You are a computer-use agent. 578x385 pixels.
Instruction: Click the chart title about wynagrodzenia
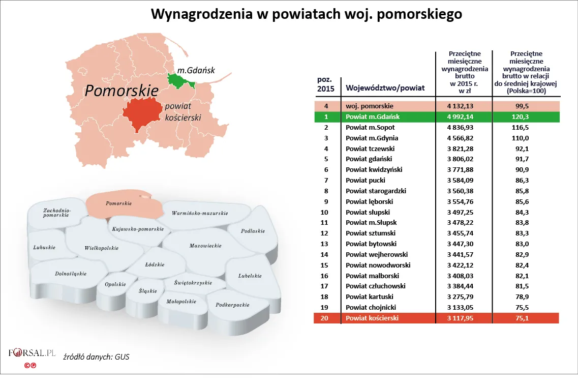(307, 14)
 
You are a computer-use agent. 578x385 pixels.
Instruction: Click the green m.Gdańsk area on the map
(179, 80)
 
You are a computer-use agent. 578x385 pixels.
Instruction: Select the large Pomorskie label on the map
(121, 91)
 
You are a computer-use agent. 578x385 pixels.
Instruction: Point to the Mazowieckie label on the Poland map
(205, 246)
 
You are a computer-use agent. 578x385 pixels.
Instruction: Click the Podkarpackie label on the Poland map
(232, 305)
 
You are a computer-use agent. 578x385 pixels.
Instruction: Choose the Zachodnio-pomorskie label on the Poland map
(57, 213)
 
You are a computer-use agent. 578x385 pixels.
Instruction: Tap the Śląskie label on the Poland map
(148, 291)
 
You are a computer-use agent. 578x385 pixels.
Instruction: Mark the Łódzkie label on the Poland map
(155, 265)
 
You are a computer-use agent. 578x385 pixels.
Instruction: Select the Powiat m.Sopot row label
(370, 128)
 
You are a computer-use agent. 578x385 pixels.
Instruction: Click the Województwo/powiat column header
(385, 87)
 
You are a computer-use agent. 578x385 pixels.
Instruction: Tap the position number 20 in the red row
(325, 318)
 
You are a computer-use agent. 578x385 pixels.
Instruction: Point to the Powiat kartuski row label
(369, 297)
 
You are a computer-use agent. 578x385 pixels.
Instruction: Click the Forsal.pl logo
(32, 353)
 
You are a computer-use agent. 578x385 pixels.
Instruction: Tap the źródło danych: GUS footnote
(96, 357)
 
